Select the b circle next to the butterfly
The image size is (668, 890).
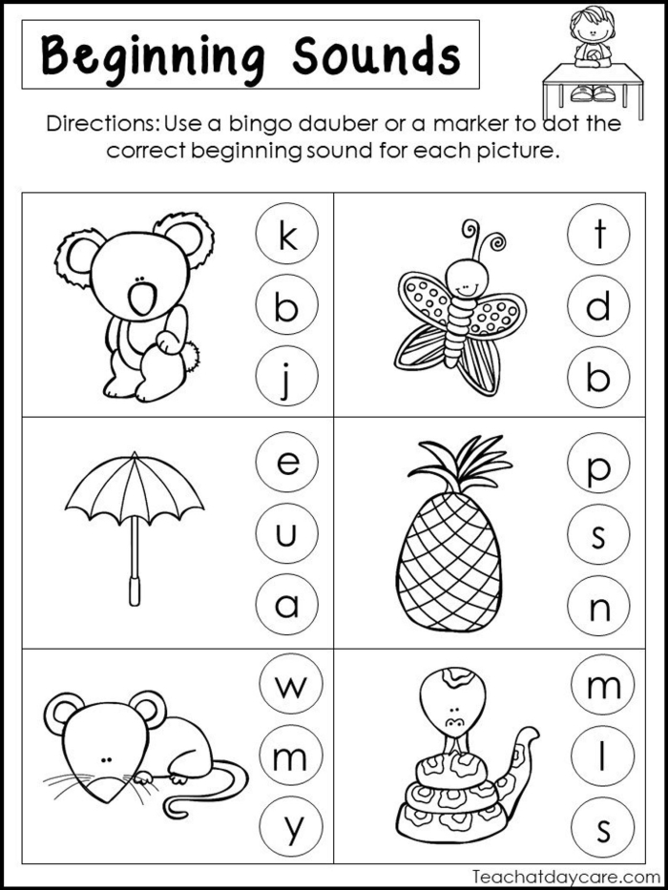pyautogui.click(x=598, y=379)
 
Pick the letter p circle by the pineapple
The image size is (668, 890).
pyautogui.click(x=598, y=466)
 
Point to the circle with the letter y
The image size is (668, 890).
pyautogui.click(x=289, y=827)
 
